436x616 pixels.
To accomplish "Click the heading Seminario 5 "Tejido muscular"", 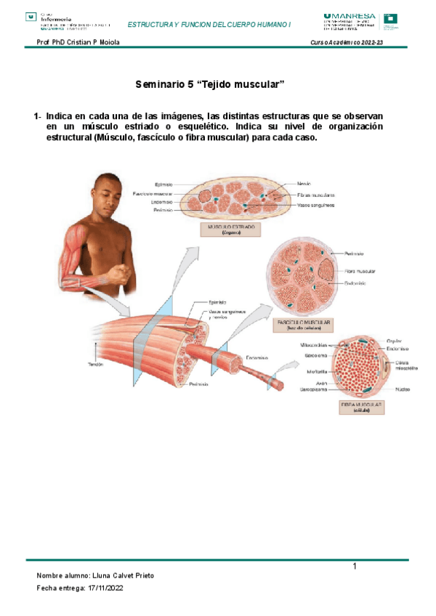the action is tap(209, 85).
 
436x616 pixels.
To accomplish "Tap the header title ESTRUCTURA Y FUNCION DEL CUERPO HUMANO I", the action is tap(209, 24).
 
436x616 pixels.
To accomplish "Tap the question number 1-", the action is tap(37, 116).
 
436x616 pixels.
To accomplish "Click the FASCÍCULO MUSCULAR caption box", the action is tap(304, 323).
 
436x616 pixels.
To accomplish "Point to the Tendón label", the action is tap(96, 365).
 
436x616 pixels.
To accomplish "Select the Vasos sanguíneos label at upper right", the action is tap(316, 206).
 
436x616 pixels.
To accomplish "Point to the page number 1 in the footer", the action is tap(355, 566).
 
